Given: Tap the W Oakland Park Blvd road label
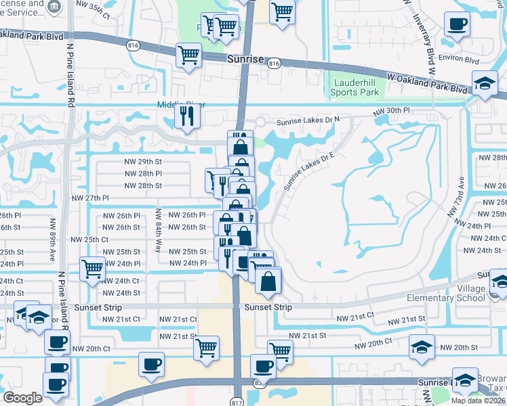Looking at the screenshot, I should pos(427,83).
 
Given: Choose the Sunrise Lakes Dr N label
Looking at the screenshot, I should pos(308,122).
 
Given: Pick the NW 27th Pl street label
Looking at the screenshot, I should pos(91,198).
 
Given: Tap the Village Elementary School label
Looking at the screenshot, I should pos(445,293).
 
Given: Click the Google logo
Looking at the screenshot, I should pos(23,398).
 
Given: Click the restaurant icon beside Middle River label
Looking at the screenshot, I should pos(185,116).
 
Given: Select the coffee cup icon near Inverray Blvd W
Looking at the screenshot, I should pos(457,24).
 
